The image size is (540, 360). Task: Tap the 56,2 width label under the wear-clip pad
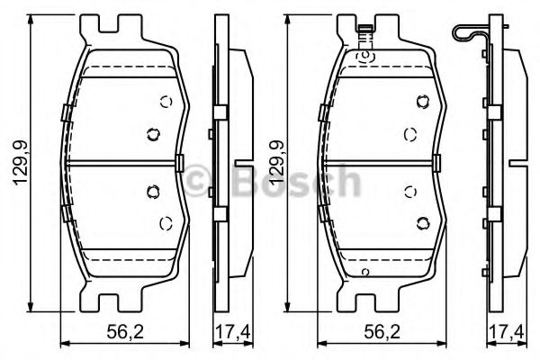click(378, 331)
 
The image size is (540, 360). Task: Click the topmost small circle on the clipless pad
click(165, 102)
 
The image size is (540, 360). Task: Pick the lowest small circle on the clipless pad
click(165, 222)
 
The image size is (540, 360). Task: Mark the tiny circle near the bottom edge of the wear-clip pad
click(364, 271)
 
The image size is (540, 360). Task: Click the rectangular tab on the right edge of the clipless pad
click(180, 163)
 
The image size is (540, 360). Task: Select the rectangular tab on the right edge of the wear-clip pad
click(436, 163)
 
